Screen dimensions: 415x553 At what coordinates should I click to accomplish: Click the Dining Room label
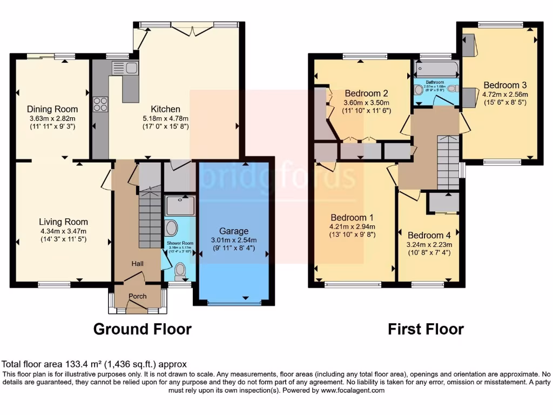coord(52,109)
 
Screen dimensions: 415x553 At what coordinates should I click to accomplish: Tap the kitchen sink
coord(125,68)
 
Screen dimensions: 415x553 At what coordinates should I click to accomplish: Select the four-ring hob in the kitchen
coord(100,104)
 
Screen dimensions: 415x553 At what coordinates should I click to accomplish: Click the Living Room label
coord(63,222)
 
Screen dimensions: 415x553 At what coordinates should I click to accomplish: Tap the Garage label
coord(233,231)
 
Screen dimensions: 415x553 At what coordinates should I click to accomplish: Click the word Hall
coord(137,263)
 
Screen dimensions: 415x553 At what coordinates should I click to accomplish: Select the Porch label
coord(137,296)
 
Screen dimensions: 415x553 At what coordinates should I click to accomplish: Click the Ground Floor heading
coord(143,329)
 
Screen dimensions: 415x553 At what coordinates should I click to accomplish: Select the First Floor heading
coord(426,329)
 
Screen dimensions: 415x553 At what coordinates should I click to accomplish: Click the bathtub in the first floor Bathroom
coord(436,69)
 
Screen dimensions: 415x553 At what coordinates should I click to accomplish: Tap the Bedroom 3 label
coord(505,85)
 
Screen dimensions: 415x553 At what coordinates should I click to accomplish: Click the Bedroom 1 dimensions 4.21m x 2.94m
coord(352,226)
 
